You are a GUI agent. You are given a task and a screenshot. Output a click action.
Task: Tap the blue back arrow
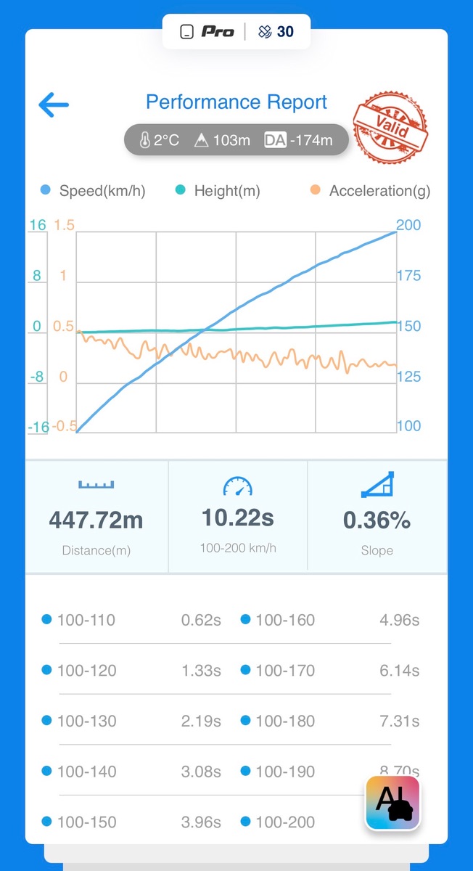pos(54,105)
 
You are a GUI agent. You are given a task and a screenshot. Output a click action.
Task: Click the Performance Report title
pos(236,102)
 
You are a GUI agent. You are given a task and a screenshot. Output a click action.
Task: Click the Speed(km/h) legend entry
pos(102,191)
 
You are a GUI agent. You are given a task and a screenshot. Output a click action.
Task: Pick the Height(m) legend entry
pos(226,191)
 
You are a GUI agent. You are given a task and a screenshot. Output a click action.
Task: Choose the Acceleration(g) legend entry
pos(379,191)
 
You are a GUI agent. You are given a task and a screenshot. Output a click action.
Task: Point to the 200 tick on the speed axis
pos(408,225)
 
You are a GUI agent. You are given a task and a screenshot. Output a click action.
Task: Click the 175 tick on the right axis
pos(408,276)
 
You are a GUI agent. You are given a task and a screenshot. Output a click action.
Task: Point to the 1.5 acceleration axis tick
pos(65,225)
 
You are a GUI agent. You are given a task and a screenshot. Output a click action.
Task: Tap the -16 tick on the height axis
pos(38,428)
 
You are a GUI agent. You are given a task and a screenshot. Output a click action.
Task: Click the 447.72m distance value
pos(96,520)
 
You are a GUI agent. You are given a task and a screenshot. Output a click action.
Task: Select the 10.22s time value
pos(238,518)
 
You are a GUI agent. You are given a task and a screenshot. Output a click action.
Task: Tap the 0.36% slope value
pos(377,520)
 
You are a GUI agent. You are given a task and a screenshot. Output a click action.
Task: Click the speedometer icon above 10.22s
pos(238,486)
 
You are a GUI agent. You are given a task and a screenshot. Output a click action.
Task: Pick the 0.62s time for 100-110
pos(201,620)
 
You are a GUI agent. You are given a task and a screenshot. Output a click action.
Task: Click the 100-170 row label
pos(285,671)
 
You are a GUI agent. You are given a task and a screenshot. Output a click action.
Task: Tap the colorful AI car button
pos(392,802)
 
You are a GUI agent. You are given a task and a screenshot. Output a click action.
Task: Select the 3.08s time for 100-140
pos(201,772)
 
